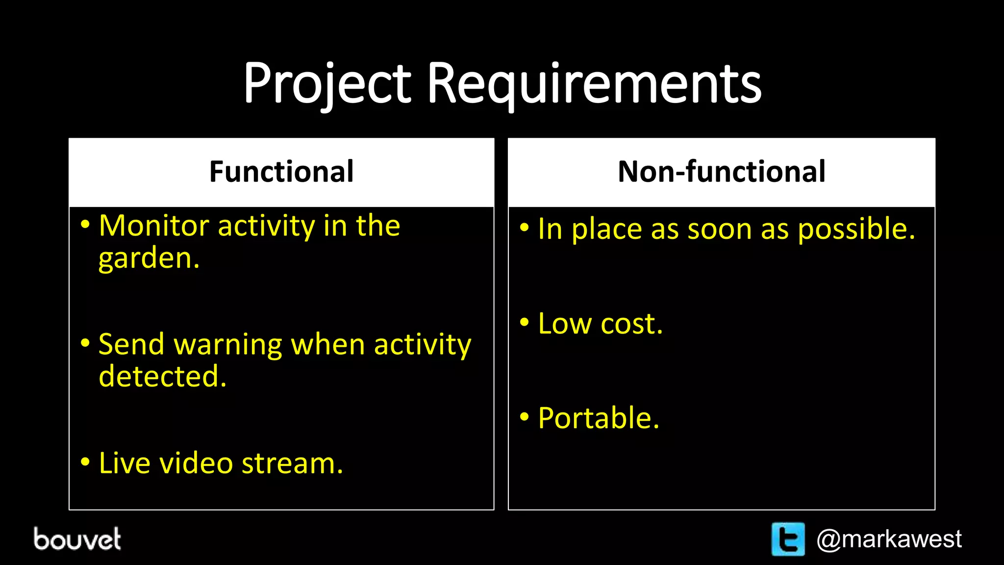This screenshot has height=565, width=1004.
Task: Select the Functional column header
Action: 281,172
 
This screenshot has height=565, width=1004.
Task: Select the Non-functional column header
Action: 722,172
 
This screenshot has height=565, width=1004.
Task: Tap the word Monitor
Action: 154,226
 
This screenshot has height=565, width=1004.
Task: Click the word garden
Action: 149,258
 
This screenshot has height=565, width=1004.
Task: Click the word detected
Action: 162,377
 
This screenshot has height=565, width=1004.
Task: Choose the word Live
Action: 124,463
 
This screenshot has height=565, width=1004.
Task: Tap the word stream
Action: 292,464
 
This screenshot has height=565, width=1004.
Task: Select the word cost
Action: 631,325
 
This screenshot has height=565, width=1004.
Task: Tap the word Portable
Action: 599,418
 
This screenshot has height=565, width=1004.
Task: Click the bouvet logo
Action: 77,539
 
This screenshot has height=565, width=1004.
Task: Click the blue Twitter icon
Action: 788,539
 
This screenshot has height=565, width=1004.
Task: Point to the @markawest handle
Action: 889,539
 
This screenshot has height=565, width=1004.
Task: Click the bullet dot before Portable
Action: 525,417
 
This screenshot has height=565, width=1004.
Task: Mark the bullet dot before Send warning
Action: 85,343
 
